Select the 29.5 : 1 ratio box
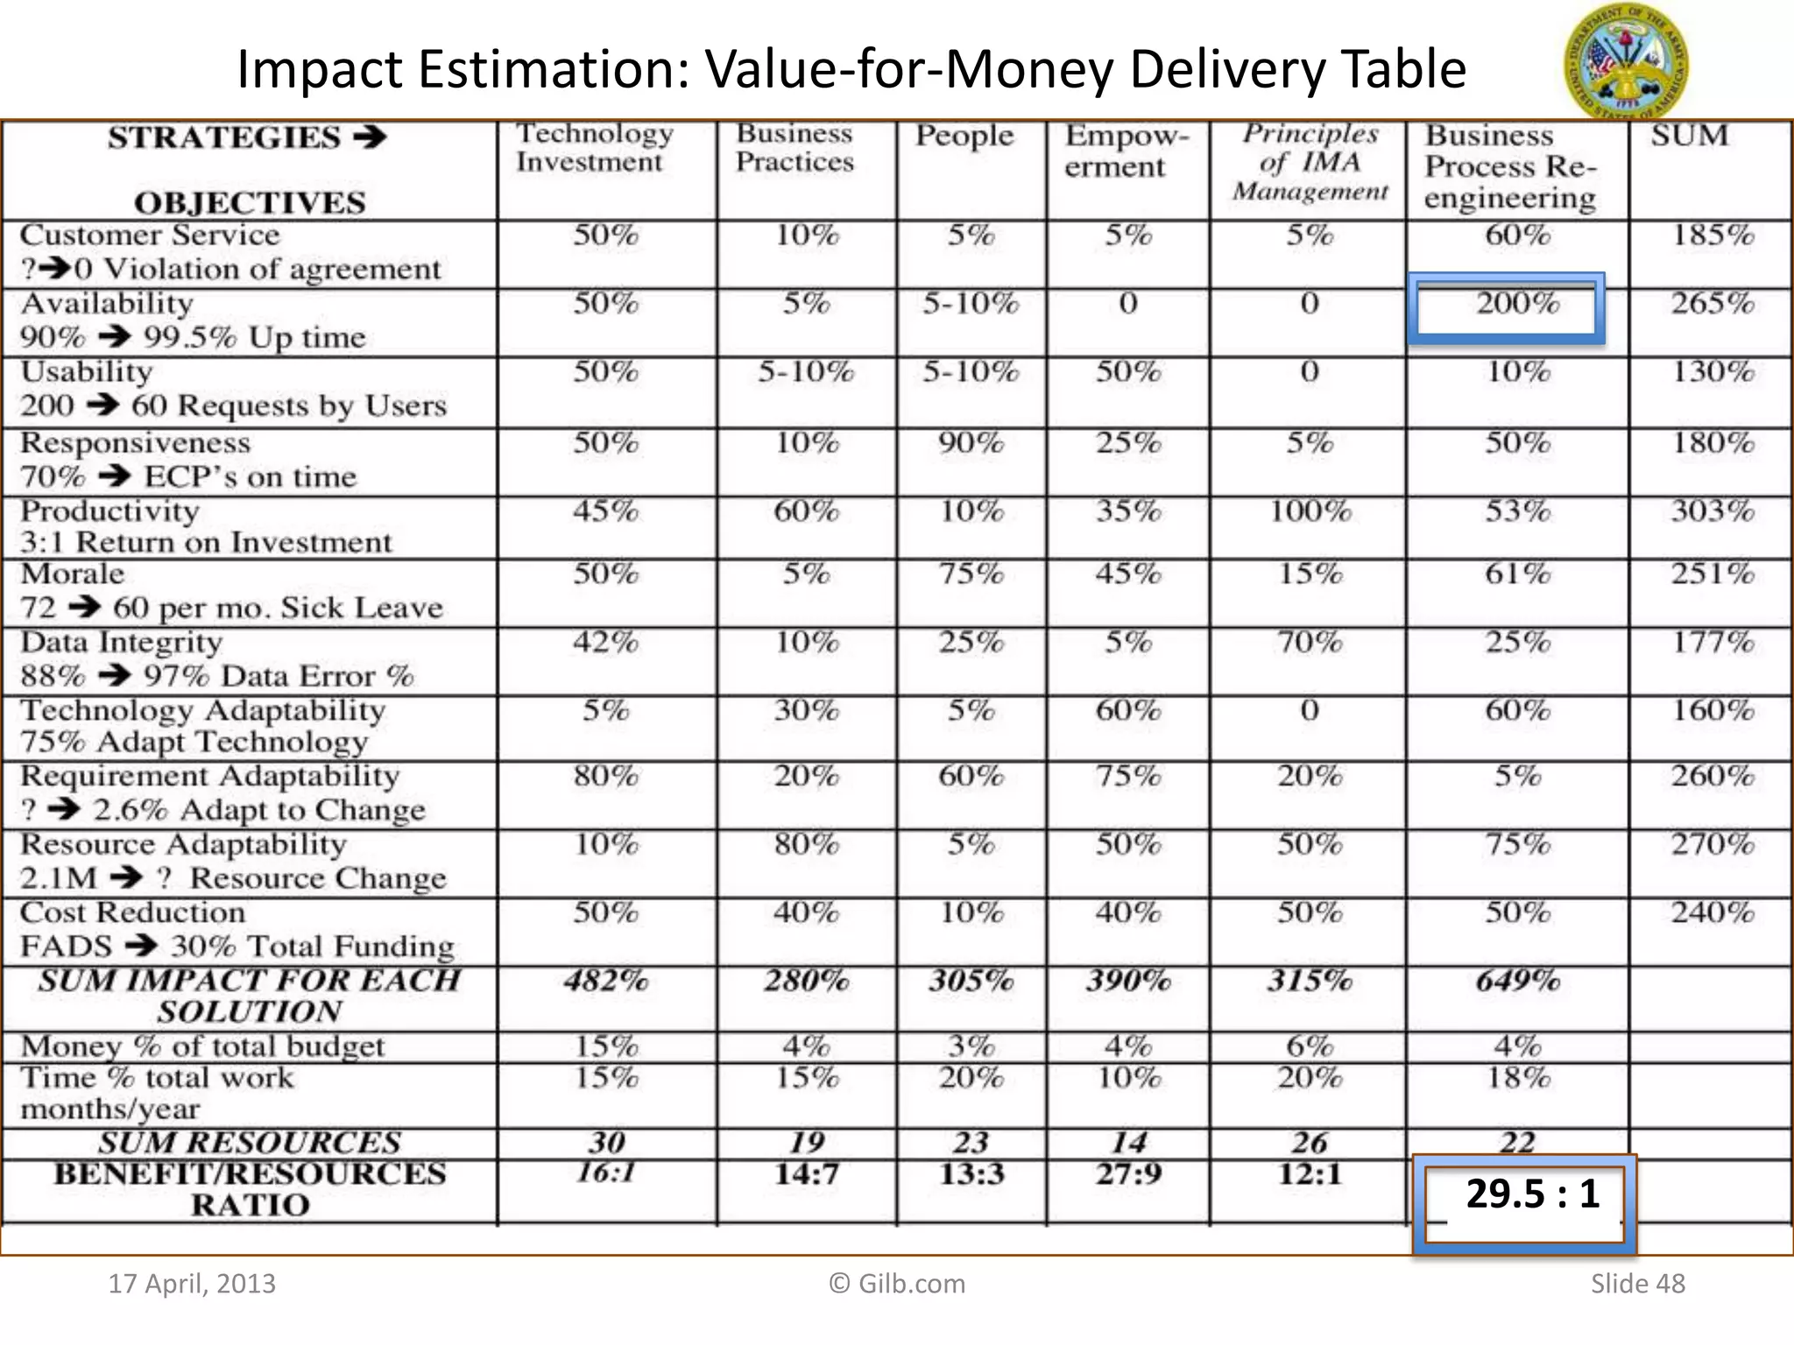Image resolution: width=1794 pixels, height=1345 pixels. tap(1524, 1198)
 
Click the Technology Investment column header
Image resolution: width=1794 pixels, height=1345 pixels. tap(594, 148)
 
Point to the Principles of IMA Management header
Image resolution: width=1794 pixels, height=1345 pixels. tap(1310, 162)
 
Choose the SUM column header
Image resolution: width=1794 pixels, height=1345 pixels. tap(1690, 137)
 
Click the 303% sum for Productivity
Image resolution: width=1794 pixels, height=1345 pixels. tap(1712, 511)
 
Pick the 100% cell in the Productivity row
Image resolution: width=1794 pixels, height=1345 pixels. tap(1310, 511)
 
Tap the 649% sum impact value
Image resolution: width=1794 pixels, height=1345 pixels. tap(1518, 981)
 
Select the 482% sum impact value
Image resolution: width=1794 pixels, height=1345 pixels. tap(606, 981)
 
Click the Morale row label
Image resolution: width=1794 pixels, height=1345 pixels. tap(74, 575)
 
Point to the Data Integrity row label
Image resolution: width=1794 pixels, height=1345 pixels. tap(121, 643)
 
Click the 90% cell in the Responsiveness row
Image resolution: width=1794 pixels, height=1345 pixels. tap(971, 443)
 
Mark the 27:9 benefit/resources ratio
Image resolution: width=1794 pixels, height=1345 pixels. tap(1128, 1174)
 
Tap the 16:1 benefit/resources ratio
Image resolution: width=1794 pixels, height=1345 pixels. tap(606, 1172)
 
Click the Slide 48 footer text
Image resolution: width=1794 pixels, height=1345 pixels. tap(1637, 1284)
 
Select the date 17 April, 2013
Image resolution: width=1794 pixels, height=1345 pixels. tap(192, 1284)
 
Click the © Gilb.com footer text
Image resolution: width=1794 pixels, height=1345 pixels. tap(897, 1284)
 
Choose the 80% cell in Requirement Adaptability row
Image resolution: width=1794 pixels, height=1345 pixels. tap(606, 777)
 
